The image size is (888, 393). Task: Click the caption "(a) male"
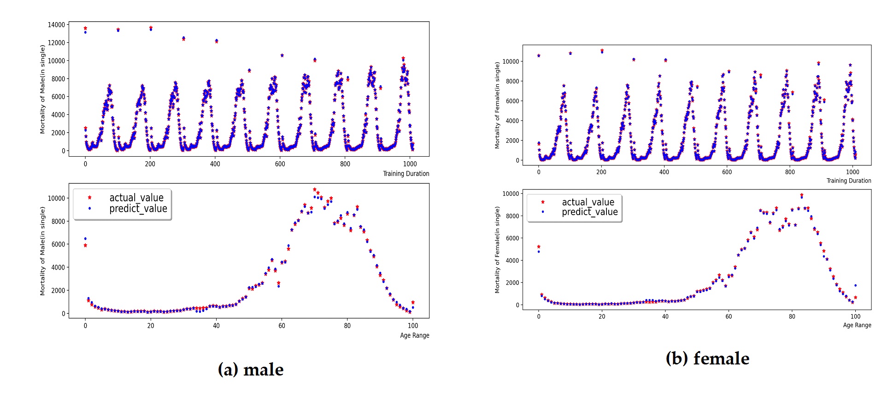(251, 370)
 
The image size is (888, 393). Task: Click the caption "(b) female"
(707, 358)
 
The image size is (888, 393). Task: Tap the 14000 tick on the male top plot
(56, 25)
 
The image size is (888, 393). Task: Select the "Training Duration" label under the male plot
(406, 174)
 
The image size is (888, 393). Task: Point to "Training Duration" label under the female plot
(848, 181)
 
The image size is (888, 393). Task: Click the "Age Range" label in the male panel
(414, 335)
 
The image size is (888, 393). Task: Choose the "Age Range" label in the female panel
(857, 325)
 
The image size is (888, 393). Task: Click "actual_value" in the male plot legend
(136, 198)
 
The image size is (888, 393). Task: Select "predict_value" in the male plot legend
(138, 209)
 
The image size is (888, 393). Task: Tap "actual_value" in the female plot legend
(588, 202)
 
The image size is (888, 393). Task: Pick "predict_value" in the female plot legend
(589, 212)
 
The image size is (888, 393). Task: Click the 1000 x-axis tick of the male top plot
(410, 164)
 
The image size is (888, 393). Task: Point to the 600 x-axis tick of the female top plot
(727, 172)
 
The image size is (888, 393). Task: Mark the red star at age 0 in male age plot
(85, 246)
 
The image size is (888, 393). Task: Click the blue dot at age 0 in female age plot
(539, 252)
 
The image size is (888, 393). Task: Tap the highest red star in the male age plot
(315, 189)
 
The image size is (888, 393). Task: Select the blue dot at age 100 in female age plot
(855, 286)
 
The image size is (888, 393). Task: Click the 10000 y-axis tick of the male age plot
(56, 198)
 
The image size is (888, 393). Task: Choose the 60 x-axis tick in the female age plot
(729, 317)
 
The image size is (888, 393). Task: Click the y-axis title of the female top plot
(497, 106)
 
